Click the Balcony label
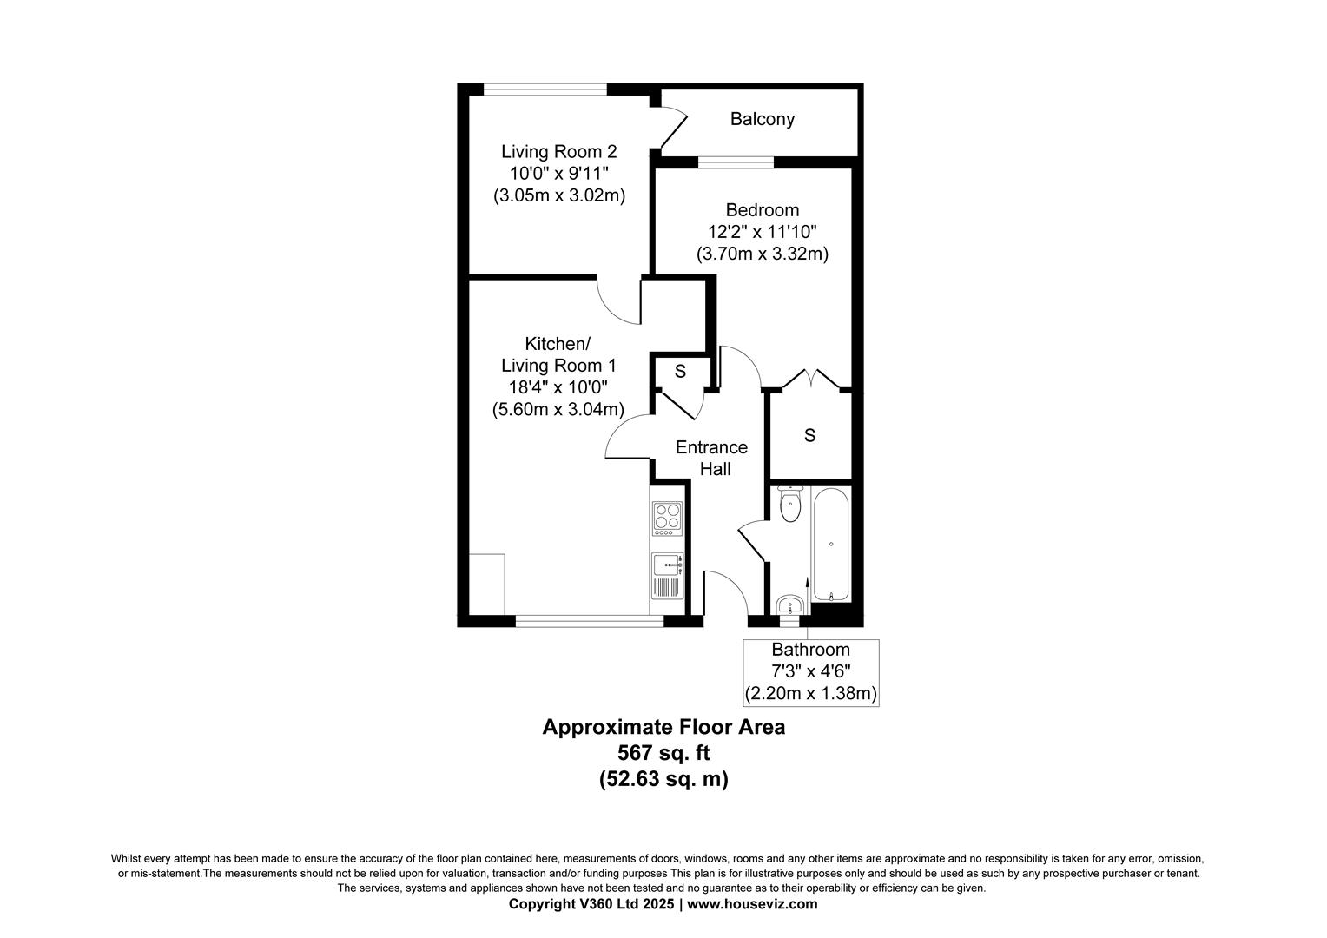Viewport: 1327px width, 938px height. [x=762, y=119]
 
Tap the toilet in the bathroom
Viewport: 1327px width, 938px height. [x=789, y=505]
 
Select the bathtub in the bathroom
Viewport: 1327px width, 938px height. [x=832, y=545]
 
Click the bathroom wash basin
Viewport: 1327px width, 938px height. [x=789, y=604]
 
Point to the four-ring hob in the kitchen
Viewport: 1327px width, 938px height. [x=666, y=518]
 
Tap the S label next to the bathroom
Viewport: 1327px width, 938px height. [x=809, y=436]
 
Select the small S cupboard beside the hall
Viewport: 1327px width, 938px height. [x=680, y=372]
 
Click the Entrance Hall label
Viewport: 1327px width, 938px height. [x=711, y=458]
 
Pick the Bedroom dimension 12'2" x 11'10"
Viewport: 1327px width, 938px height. [x=762, y=232]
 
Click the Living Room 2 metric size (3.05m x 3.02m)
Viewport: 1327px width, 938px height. [x=559, y=195]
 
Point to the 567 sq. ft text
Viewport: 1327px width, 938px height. [x=663, y=753]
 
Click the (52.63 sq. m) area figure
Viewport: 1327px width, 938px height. [x=663, y=779]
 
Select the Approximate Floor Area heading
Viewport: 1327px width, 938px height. [x=663, y=727]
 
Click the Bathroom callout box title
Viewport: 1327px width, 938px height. [x=810, y=650]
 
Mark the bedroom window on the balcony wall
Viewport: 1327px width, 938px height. [x=736, y=162]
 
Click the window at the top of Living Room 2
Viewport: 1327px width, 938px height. [x=545, y=89]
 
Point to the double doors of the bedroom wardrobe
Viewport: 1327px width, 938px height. [x=809, y=380]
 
